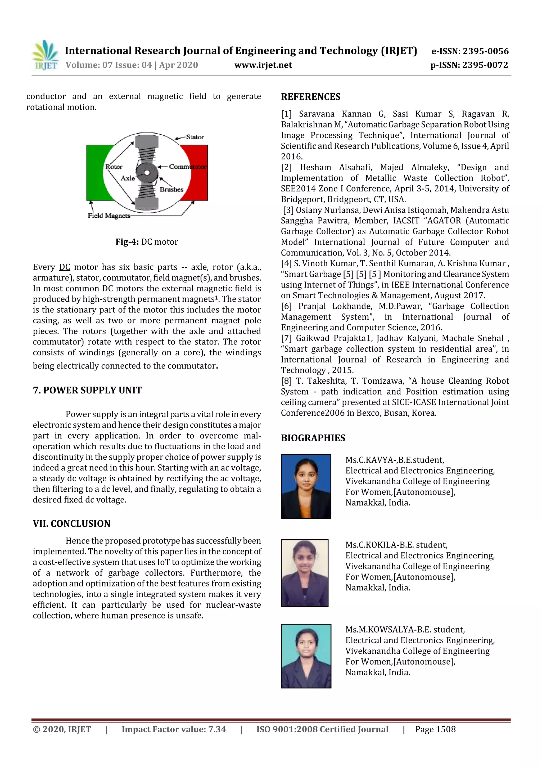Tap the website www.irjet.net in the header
pos(263,65)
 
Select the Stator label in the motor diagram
pos(195,137)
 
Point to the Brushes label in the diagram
pos(172,189)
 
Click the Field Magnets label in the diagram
pos(109,216)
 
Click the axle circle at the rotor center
pos(147,173)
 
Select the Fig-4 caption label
pos(127,242)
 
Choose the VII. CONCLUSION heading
pos(71,523)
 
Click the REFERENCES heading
pos(311,97)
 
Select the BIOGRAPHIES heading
pos(313,438)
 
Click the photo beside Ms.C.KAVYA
pos(306,486)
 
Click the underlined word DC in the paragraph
pos(65,267)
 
